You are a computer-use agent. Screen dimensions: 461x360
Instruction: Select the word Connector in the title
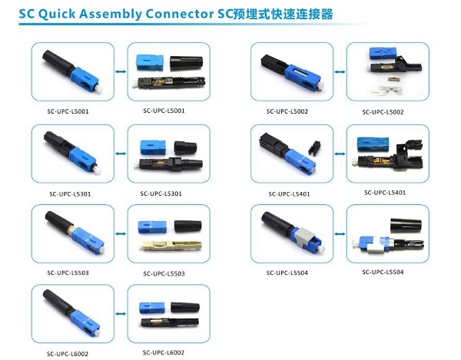tap(180, 14)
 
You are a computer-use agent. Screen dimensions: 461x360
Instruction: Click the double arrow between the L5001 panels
tap(121, 71)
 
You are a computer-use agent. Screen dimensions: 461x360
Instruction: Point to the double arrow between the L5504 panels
tap(340, 234)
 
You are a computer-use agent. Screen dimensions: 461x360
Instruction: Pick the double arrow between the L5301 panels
tap(121, 154)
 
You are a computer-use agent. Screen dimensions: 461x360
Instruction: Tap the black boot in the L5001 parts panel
tap(187, 63)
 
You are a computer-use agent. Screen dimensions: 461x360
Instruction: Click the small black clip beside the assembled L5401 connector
tap(314, 148)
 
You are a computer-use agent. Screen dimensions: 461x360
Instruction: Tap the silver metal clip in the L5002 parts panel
tap(382, 90)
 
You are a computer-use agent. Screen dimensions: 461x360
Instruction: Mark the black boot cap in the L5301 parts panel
tap(185, 147)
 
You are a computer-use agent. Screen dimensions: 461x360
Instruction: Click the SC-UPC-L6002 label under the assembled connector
tap(68, 354)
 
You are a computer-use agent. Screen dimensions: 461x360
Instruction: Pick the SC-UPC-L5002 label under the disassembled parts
tap(383, 112)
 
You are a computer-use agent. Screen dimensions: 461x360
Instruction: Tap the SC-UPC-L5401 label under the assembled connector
tap(289, 193)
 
